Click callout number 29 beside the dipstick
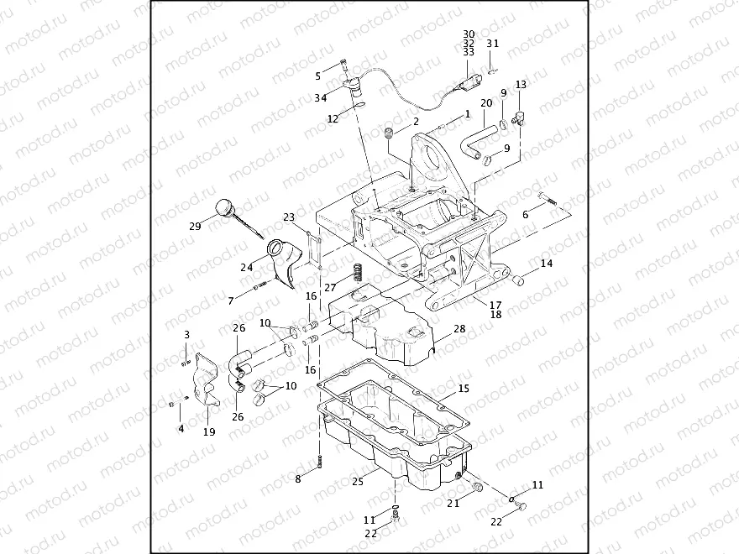click(x=196, y=226)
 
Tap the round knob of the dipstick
click(x=224, y=206)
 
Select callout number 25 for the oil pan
click(x=357, y=482)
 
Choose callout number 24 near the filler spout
click(x=246, y=268)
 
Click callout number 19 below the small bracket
click(x=209, y=432)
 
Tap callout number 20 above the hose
click(x=486, y=103)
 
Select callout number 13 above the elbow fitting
click(x=521, y=85)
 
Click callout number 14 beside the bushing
click(x=547, y=264)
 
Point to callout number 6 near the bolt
click(x=527, y=215)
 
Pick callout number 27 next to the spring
click(x=330, y=286)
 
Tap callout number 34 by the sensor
click(x=321, y=98)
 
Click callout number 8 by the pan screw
click(x=297, y=478)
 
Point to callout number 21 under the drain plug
click(x=453, y=504)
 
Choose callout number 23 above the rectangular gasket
click(x=288, y=217)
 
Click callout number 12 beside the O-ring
click(x=333, y=119)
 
